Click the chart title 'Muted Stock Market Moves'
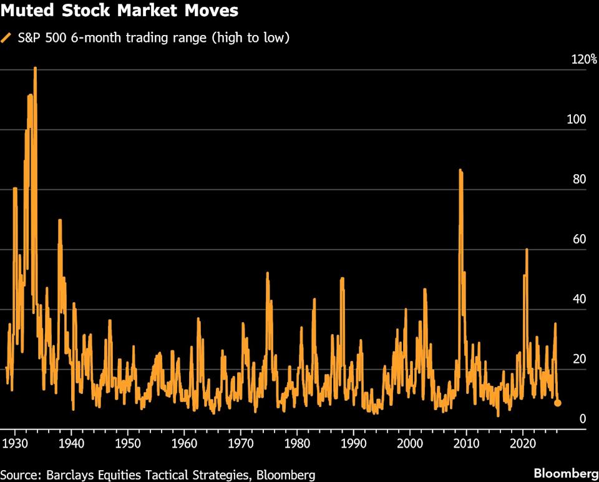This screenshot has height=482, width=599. [119, 11]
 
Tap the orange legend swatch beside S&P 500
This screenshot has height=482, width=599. [7, 38]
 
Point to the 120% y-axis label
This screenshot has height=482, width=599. [584, 60]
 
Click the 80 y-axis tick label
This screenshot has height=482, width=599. [578, 180]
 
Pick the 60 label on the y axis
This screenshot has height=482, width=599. [578, 240]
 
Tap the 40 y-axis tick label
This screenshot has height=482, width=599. [578, 300]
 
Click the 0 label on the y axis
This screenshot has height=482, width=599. [583, 420]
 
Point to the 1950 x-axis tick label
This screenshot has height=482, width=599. [127, 443]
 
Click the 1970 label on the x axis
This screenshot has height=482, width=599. [240, 443]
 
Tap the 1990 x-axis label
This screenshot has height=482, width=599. [353, 443]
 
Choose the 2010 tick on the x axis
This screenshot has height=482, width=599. [466, 443]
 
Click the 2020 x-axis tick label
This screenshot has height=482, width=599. [522, 443]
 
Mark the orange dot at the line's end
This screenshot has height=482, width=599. [558, 403]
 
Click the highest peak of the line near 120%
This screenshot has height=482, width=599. [35, 68]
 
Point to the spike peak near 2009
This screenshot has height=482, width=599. [460, 170]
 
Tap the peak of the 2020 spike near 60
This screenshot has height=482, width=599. [527, 250]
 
